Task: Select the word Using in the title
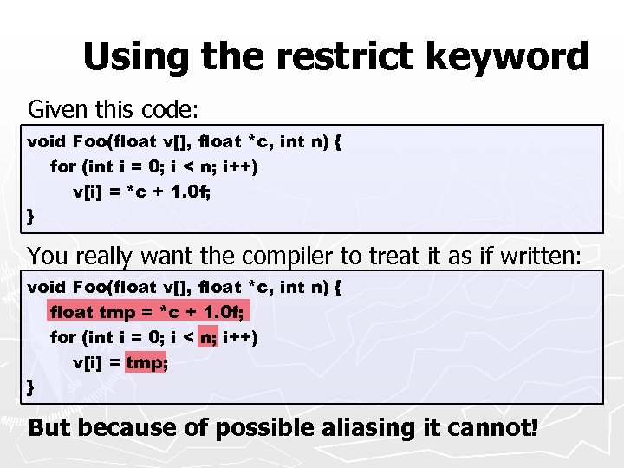pyautogui.click(x=137, y=59)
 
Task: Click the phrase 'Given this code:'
pyautogui.click(x=114, y=110)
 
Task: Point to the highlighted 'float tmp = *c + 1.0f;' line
pyautogui.click(x=148, y=311)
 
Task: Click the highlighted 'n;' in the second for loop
pyautogui.click(x=209, y=336)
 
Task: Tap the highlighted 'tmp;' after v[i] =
pyautogui.click(x=146, y=361)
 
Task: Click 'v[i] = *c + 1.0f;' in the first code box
pyautogui.click(x=142, y=191)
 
